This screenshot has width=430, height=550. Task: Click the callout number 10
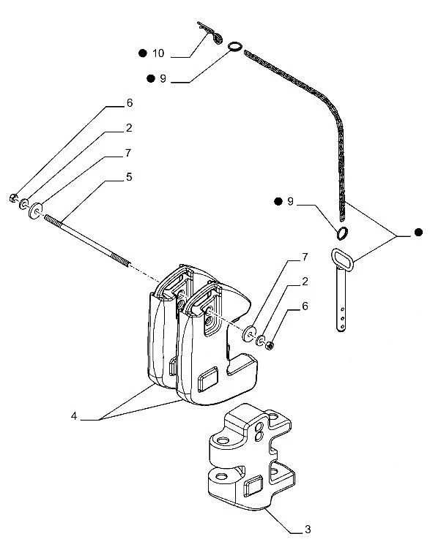pos(159,53)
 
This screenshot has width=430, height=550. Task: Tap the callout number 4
pos(75,416)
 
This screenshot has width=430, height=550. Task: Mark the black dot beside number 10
pos(143,53)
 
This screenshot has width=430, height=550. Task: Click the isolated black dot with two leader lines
pos(418,233)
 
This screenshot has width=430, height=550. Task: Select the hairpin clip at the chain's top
pos(210,33)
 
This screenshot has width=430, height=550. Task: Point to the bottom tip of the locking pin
pos(341,328)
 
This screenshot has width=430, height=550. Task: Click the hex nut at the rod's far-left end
pos(14,197)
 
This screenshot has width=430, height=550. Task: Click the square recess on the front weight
pos(209,378)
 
